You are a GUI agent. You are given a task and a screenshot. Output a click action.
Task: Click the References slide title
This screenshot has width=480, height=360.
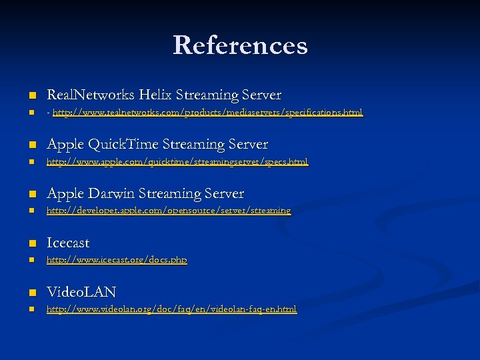click(x=240, y=45)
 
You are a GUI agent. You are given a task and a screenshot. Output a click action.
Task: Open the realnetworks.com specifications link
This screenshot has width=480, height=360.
click(x=207, y=113)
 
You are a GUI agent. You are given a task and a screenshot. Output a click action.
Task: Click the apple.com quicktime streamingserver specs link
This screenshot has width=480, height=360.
click(x=177, y=162)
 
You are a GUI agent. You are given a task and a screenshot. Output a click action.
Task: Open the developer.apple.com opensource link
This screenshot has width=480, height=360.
click(x=168, y=211)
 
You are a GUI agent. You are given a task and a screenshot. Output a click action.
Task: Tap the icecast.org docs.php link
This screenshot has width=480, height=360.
click(x=117, y=260)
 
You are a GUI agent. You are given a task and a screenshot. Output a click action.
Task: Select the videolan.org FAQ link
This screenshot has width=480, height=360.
click(x=171, y=309)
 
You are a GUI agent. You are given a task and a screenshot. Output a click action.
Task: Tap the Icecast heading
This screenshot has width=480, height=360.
click(x=68, y=243)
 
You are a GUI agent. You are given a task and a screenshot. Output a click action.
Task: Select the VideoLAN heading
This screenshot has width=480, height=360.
click(x=81, y=292)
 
